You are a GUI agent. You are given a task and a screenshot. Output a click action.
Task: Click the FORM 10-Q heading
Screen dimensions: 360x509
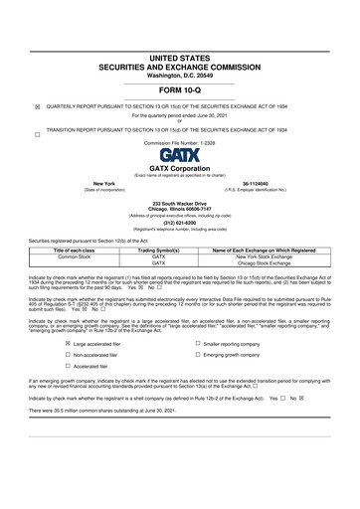pos(180,90)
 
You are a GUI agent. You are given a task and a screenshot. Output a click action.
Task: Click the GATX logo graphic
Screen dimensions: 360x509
pos(180,155)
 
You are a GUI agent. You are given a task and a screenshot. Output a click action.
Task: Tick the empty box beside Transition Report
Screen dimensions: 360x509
pos(38,132)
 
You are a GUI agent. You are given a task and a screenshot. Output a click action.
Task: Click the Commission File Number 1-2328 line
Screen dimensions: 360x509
pos(180,142)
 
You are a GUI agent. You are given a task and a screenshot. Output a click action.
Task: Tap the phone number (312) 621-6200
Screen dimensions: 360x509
pos(180,224)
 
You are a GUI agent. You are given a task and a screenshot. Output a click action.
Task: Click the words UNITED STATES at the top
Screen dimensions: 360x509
pos(180,60)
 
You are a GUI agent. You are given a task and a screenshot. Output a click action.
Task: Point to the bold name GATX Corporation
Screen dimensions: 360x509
pos(180,169)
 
